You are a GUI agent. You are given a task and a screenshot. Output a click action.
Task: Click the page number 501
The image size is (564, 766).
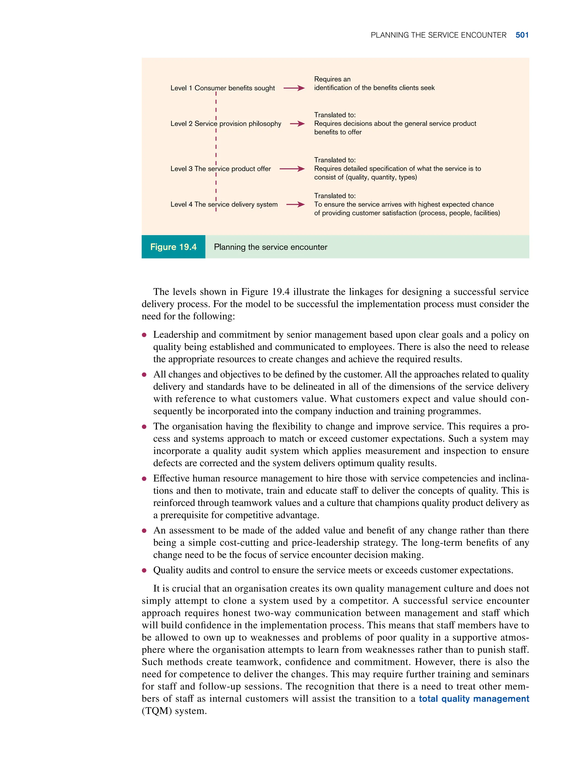click(522, 35)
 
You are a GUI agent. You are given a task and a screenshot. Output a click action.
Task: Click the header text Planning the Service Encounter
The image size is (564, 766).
click(438, 35)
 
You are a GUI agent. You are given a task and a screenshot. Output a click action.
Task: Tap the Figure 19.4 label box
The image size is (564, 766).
click(173, 247)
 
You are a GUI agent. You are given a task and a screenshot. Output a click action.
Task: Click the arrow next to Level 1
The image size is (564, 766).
click(294, 88)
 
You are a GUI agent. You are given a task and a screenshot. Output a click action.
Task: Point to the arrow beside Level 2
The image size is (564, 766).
click(297, 124)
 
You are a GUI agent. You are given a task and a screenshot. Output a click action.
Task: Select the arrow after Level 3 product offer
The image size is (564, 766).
click(292, 168)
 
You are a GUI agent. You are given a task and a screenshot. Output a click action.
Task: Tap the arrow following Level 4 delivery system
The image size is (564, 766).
click(295, 205)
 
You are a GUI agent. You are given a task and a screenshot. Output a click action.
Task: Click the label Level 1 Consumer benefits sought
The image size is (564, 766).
click(222, 88)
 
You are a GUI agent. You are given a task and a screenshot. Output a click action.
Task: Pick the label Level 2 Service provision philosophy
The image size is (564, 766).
click(226, 124)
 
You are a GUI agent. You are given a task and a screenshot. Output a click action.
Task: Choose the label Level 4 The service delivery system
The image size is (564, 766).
click(224, 205)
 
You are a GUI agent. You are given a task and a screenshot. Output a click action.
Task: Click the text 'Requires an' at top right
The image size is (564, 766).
click(332, 79)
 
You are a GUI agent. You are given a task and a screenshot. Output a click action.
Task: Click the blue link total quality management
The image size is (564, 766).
click(473, 699)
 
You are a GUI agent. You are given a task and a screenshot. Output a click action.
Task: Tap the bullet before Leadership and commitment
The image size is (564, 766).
click(144, 335)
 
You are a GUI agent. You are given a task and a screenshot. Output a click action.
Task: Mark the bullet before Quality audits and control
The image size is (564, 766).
click(144, 570)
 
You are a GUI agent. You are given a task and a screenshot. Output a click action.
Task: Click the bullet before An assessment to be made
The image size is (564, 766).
click(144, 531)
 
